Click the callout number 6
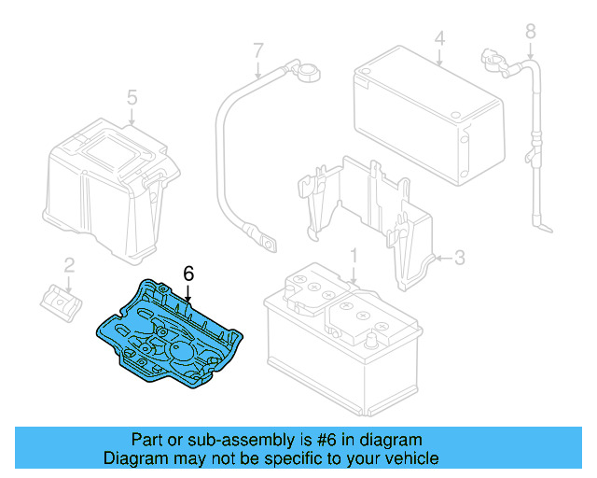[x=188, y=274]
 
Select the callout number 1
[x=354, y=255]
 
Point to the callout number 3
[x=459, y=257]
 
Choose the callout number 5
[x=132, y=96]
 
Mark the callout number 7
[x=258, y=49]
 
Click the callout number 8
[x=531, y=32]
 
